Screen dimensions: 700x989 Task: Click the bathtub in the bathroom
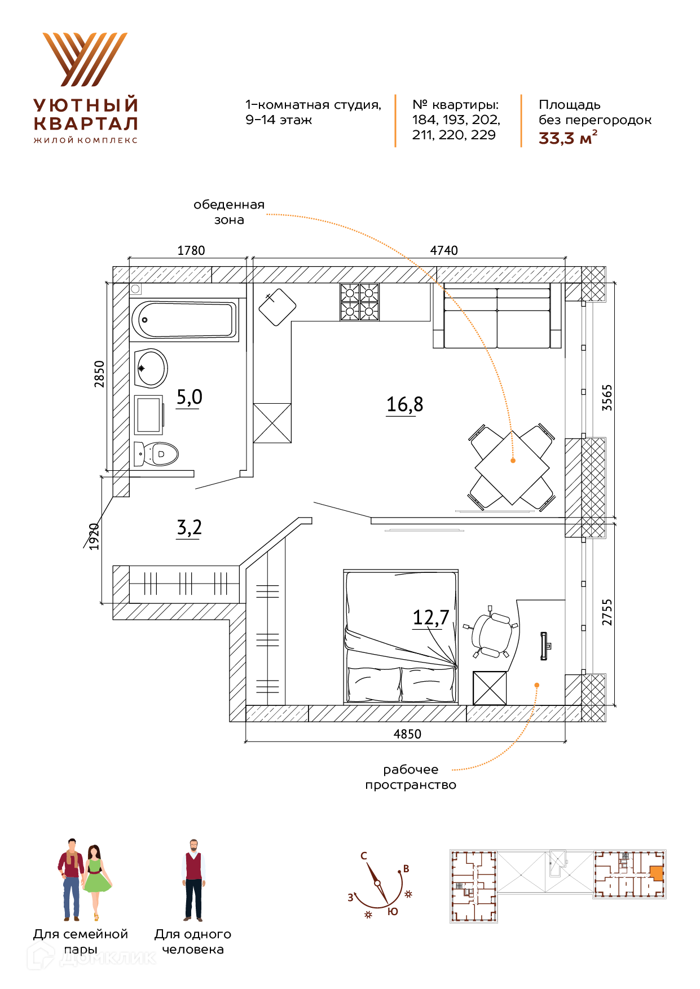tap(184, 320)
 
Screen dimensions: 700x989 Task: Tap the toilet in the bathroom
tap(156, 453)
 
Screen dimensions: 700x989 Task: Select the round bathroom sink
tap(151, 368)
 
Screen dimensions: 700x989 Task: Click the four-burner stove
tap(359, 302)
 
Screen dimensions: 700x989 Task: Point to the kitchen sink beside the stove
tap(278, 307)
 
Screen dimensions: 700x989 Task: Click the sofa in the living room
tap(497, 316)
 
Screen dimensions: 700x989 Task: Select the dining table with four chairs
tap(512, 467)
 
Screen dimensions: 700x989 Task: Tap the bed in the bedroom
tap(400, 637)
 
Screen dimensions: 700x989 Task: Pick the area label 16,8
tap(404, 405)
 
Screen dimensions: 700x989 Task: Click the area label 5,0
tap(189, 398)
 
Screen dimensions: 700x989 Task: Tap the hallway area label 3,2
tap(189, 528)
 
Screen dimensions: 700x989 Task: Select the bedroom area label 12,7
tap(431, 617)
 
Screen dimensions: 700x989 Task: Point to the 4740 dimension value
tap(444, 250)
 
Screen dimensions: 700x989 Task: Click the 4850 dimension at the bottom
tap(407, 734)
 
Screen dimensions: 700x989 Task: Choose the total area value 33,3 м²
tap(568, 138)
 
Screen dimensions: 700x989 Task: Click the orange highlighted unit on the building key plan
tap(656, 873)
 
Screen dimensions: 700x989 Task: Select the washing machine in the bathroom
tap(149, 414)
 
